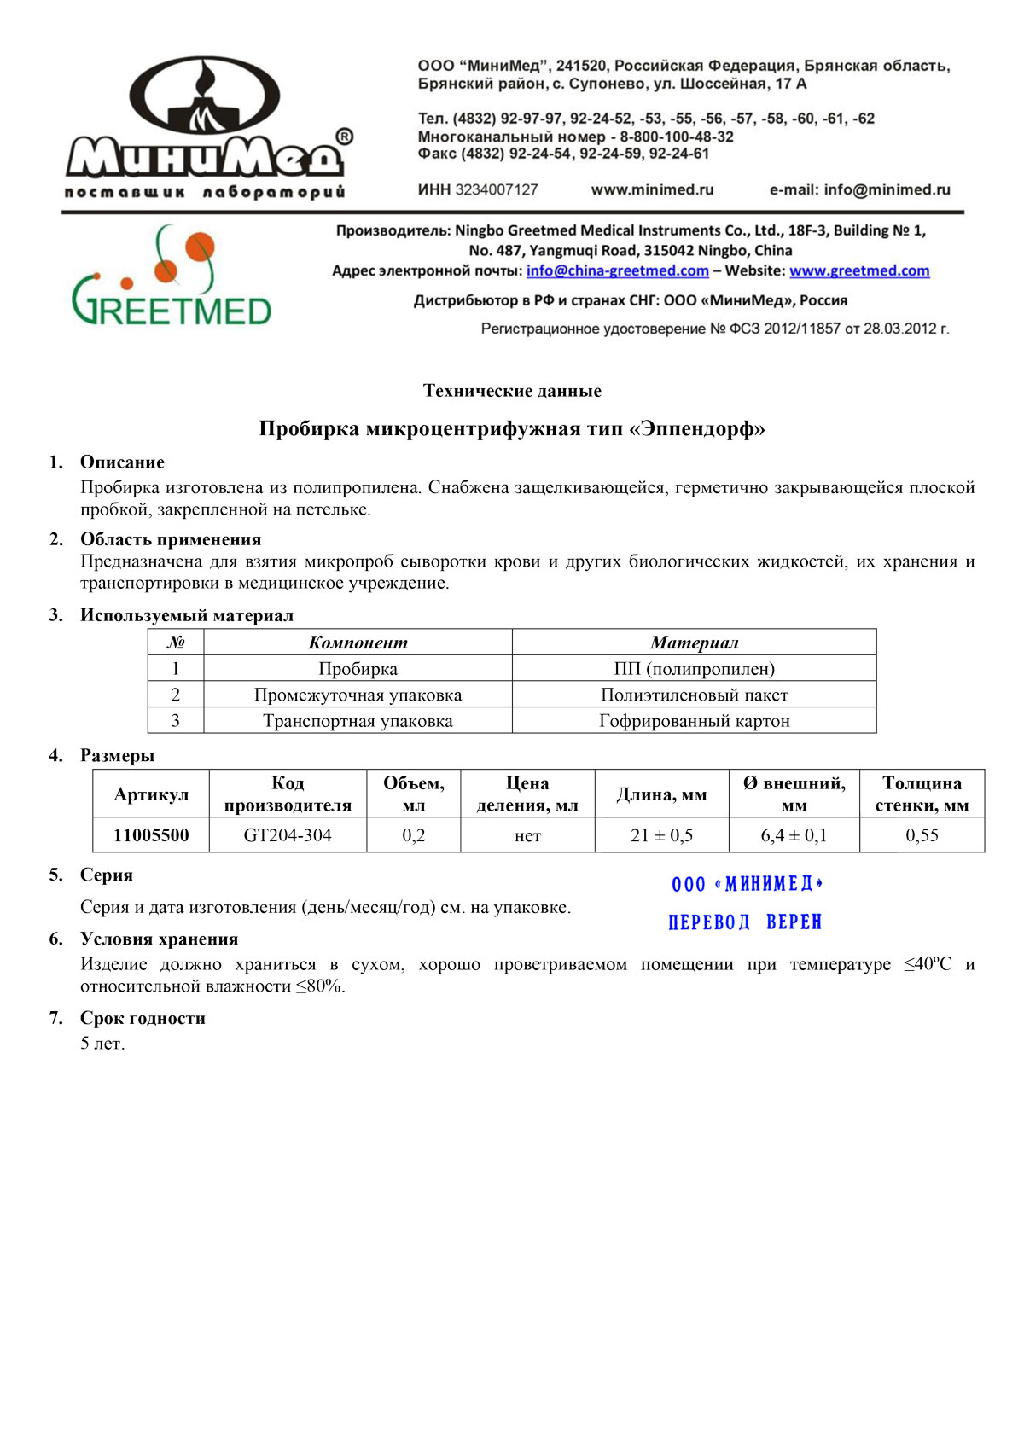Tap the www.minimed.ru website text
click(652, 189)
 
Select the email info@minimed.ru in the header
click(887, 189)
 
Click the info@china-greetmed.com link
click(617, 270)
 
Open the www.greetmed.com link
click(858, 270)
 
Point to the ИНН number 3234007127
click(496, 189)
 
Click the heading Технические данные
click(512, 391)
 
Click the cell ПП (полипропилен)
click(694, 669)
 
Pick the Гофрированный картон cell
click(694, 721)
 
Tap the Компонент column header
click(358, 643)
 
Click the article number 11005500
click(151, 835)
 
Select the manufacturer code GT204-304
click(288, 835)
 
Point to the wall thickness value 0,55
click(922, 835)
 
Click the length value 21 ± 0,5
click(661, 835)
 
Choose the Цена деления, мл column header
click(527, 794)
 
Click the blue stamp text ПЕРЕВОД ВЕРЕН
click(744, 922)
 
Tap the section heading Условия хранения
click(159, 939)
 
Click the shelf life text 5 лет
click(102, 1044)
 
